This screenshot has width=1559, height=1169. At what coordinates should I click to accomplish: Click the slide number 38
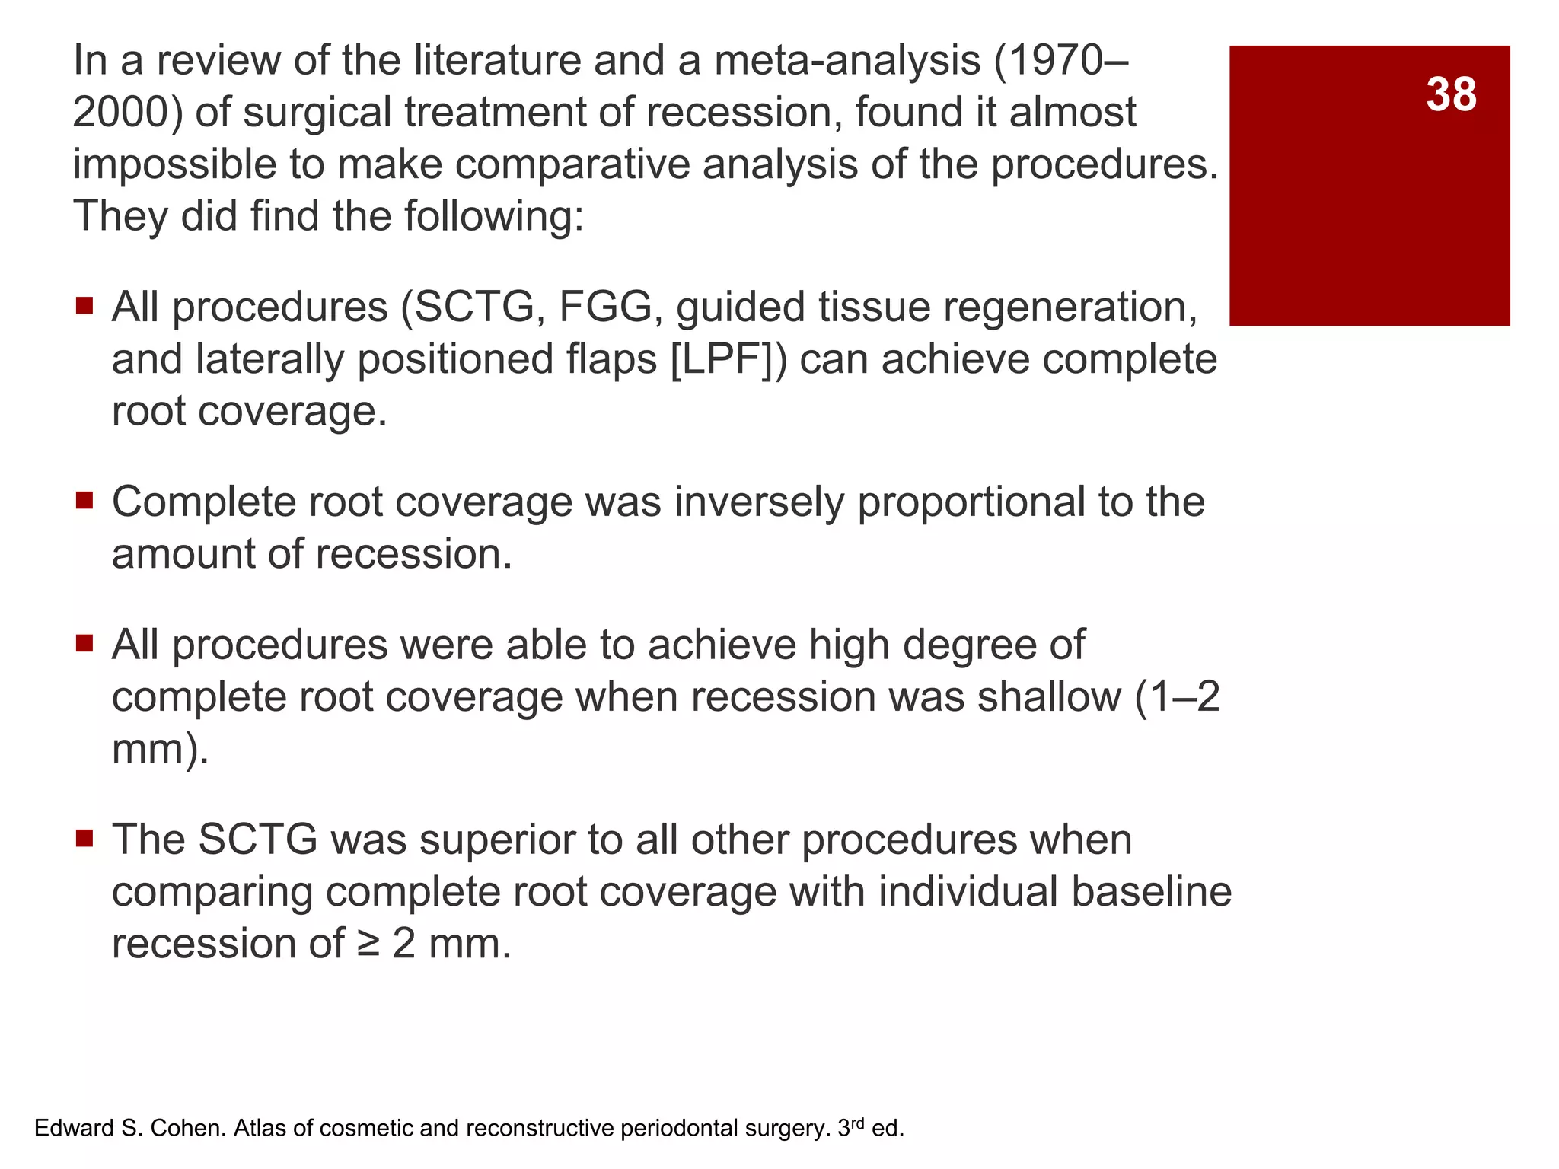coord(1451,95)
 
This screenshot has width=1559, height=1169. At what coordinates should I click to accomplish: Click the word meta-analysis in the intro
coord(847,60)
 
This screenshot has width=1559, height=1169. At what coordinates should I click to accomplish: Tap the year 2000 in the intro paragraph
coord(120,112)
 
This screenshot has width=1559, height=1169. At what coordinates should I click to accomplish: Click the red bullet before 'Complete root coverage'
coord(84,501)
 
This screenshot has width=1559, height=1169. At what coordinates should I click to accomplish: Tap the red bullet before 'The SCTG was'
coord(84,839)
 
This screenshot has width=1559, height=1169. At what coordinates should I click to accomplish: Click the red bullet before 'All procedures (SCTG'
coord(84,306)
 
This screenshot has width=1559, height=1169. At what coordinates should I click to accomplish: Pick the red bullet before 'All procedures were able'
coord(84,644)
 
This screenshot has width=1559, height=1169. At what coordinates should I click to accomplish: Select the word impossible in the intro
coord(174,164)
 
